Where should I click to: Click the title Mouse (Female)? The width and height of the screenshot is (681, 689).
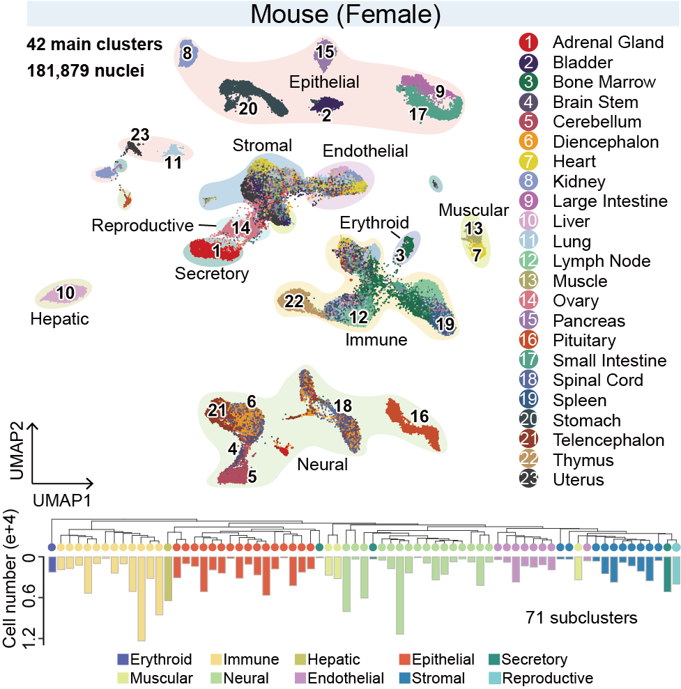coord(340,14)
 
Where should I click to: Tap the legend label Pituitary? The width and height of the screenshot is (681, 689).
coord(584,341)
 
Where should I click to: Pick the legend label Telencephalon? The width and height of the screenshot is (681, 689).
coord(608,440)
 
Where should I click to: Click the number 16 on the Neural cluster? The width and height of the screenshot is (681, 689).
coord(419,416)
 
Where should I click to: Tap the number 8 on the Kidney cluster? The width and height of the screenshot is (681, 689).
coord(187,52)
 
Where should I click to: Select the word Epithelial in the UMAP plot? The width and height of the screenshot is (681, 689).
coord(325,82)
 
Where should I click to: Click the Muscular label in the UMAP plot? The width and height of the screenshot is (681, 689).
coord(474,210)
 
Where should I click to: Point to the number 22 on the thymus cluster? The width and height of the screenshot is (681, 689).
coord(293,301)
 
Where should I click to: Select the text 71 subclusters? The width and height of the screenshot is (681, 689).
coord(580,617)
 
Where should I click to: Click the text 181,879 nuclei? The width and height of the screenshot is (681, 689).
coord(86,71)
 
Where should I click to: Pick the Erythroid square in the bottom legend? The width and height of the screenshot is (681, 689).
coord(123,660)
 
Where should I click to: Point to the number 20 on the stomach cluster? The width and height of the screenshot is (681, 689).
coord(248,108)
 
